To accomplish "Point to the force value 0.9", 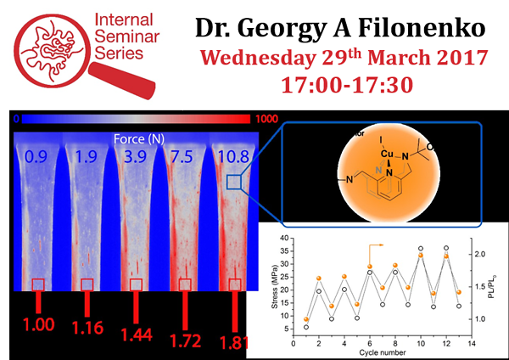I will click(36, 158).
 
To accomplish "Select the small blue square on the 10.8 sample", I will click(234, 182).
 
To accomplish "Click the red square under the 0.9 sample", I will click(38, 284).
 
